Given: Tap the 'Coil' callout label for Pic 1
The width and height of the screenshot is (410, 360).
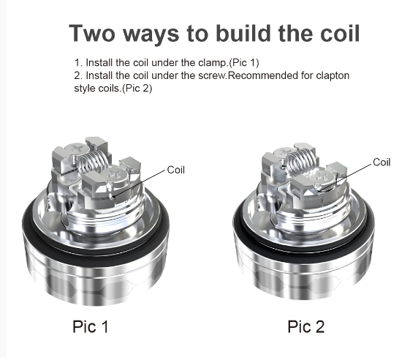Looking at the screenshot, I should pyautogui.click(x=175, y=170).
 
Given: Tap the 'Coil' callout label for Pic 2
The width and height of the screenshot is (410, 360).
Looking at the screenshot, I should pyautogui.click(x=381, y=162).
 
